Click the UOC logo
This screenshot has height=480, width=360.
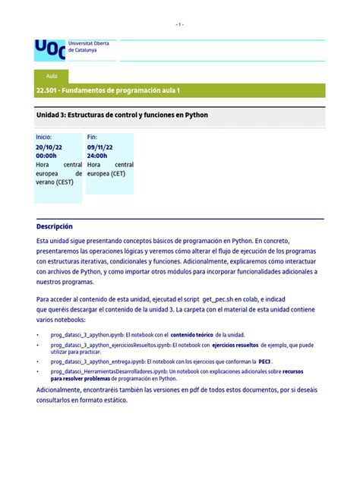(49, 50)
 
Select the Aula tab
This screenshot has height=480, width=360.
(52, 77)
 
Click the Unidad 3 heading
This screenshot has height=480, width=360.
(122, 115)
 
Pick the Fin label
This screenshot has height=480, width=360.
(93, 137)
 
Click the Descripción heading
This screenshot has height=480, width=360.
(55, 226)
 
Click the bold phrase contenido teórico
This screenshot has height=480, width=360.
(192, 334)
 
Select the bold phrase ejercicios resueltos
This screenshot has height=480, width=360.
(235, 345)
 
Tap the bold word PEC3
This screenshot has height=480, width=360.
(264, 362)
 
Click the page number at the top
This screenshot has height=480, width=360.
(179, 24)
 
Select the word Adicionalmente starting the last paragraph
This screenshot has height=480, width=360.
(62, 390)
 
